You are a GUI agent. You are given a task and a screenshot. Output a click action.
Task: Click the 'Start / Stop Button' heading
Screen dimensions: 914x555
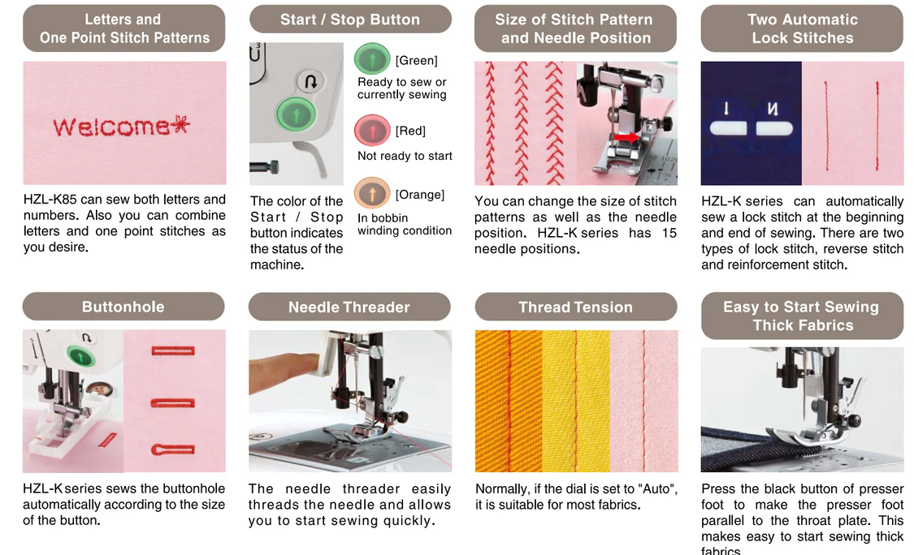point(349,19)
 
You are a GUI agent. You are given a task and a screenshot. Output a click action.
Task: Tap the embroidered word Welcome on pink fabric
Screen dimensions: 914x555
point(110,127)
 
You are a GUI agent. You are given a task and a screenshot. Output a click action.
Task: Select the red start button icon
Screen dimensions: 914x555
point(372,130)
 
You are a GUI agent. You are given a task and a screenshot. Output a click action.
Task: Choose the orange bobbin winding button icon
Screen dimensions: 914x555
point(372,193)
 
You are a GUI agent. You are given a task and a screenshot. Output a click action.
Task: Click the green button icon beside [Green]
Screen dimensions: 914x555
point(372,58)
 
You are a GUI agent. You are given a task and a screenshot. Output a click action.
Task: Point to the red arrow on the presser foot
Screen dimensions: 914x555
point(626,137)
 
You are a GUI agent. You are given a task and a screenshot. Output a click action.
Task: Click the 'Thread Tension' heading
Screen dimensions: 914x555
point(576,307)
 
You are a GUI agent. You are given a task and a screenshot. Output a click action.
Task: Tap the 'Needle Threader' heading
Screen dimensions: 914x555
point(349,307)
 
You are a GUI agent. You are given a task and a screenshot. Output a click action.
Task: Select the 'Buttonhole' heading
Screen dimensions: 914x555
point(123,307)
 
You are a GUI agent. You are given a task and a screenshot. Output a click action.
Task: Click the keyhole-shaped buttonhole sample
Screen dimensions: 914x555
point(173,450)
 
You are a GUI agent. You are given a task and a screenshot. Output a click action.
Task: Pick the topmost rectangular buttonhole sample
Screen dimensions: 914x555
point(173,351)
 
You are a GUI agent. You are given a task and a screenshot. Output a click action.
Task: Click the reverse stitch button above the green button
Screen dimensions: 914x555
point(310,81)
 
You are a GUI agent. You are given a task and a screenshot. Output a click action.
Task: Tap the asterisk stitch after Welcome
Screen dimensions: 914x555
point(181,125)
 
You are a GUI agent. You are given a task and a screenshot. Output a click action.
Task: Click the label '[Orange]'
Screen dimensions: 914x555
point(420,195)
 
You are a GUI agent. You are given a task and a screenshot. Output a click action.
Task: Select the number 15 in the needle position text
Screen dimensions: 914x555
point(669,233)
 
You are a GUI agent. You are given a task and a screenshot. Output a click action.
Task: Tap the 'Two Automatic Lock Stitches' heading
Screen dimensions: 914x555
point(803,28)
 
